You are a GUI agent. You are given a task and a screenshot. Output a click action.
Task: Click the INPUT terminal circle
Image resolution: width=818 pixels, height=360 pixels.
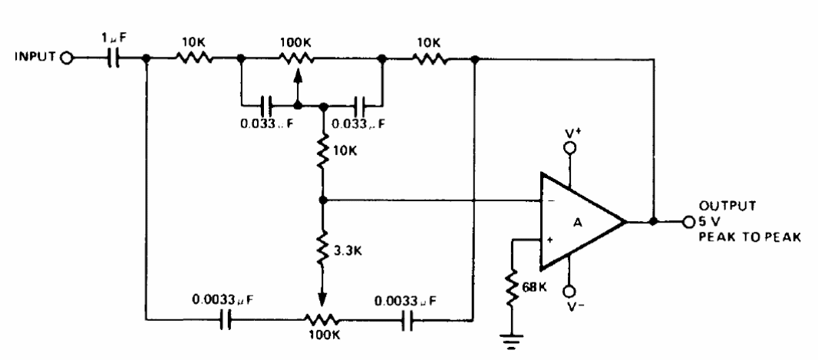point(67,58)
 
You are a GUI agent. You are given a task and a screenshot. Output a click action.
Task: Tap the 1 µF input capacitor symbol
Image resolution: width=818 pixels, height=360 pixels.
point(113,58)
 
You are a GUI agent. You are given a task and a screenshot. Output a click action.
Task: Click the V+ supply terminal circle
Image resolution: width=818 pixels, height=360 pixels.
point(570,148)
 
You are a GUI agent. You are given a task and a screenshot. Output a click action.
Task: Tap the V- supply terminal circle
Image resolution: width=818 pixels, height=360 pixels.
point(570,291)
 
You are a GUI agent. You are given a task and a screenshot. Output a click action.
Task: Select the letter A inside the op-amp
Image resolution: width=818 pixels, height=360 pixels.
point(578,223)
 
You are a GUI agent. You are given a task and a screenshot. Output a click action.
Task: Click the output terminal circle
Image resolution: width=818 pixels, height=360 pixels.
point(688,222)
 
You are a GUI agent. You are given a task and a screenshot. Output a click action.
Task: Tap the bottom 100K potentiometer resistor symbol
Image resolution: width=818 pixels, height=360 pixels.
point(322,319)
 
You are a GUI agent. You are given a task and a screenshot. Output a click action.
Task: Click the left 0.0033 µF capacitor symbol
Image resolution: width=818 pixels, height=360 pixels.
point(225,319)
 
